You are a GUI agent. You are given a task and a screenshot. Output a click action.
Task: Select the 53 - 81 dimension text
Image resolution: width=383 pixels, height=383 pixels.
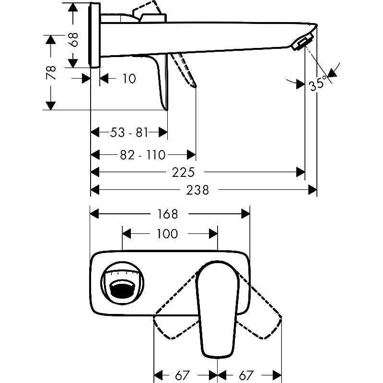click(x=129, y=132)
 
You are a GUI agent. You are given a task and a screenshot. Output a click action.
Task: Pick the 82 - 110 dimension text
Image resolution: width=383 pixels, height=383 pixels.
click(x=143, y=155)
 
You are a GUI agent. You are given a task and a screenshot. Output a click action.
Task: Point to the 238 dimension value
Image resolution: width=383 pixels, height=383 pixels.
click(x=198, y=190)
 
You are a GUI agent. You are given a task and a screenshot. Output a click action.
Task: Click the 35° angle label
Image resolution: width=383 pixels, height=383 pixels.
click(x=318, y=84)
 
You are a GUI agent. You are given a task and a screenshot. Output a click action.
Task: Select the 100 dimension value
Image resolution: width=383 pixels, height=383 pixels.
click(x=167, y=234)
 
